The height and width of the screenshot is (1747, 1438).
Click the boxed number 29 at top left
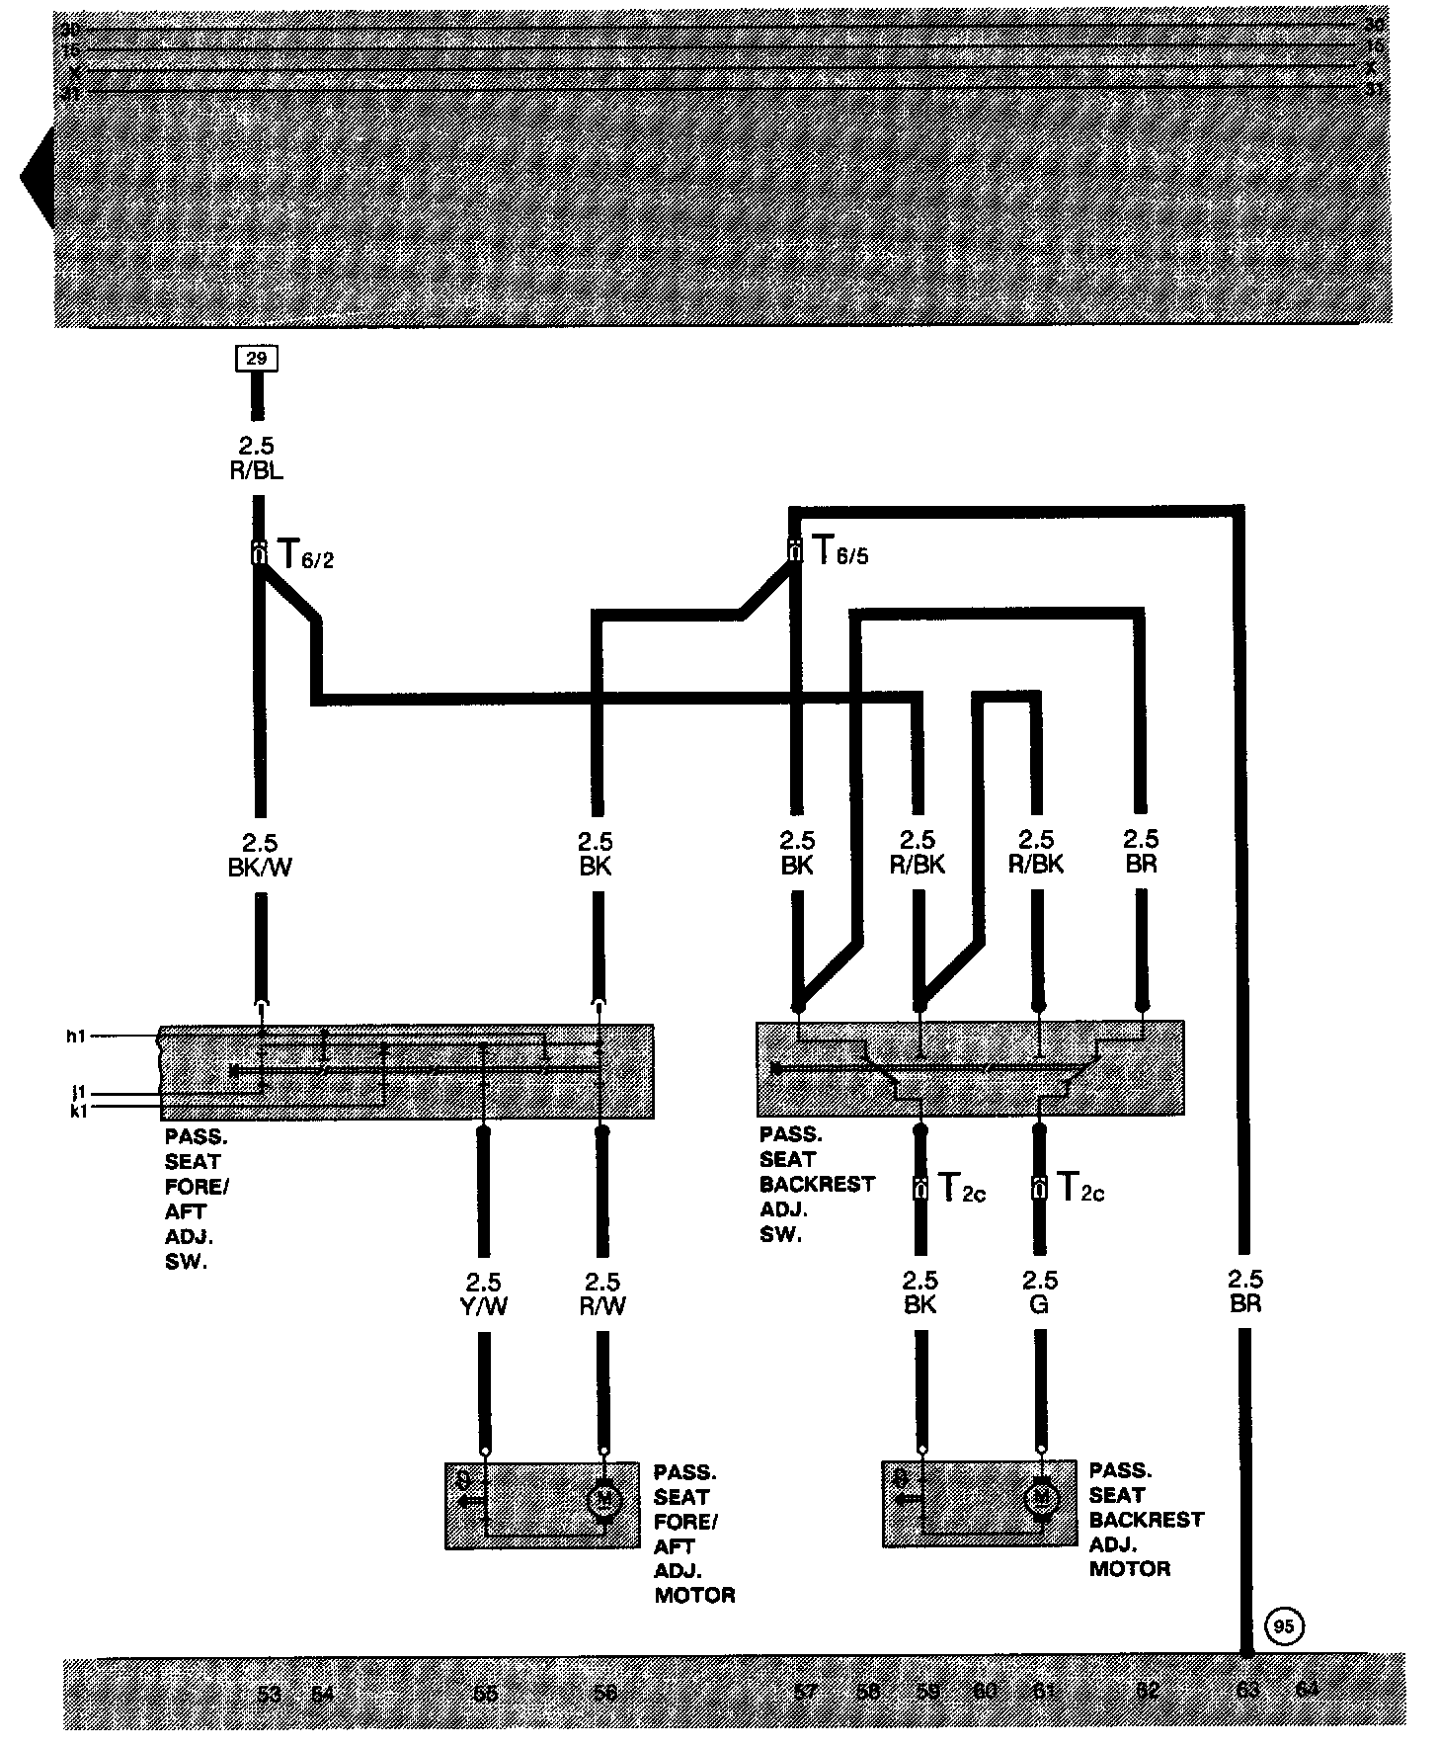256,359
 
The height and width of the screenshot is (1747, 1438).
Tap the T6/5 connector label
839,551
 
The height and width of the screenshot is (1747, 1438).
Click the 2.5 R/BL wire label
256,459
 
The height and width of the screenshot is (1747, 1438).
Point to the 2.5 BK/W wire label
260,856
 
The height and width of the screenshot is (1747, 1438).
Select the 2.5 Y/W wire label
484,1294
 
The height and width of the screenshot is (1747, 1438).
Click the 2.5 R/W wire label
601,1294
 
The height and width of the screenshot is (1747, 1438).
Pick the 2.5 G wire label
1040,1293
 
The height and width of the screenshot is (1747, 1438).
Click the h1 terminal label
76,1036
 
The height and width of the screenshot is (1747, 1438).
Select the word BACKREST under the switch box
817,1184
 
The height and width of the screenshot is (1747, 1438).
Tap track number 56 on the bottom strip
604,1693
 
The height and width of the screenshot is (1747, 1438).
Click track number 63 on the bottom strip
1247,1690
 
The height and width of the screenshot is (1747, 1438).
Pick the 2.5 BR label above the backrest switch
1141,852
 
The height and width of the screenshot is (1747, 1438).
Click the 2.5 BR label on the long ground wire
1245,1291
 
